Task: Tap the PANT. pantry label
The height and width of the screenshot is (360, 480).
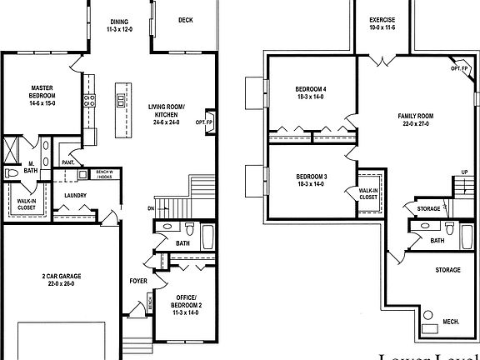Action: point(69,162)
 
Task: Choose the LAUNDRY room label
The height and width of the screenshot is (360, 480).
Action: point(76,196)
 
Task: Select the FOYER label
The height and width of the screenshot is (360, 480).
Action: point(138,281)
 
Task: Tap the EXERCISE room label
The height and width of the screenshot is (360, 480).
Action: point(382,19)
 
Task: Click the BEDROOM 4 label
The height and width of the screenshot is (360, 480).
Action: point(311,89)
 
